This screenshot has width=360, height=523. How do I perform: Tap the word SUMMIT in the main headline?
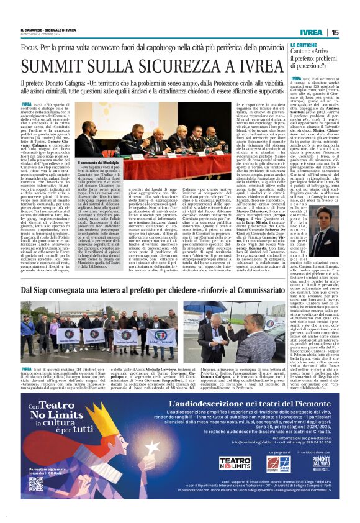pyautogui.click(x=61, y=66)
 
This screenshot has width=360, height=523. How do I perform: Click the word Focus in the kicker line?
pyautogui.click(x=30, y=47)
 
